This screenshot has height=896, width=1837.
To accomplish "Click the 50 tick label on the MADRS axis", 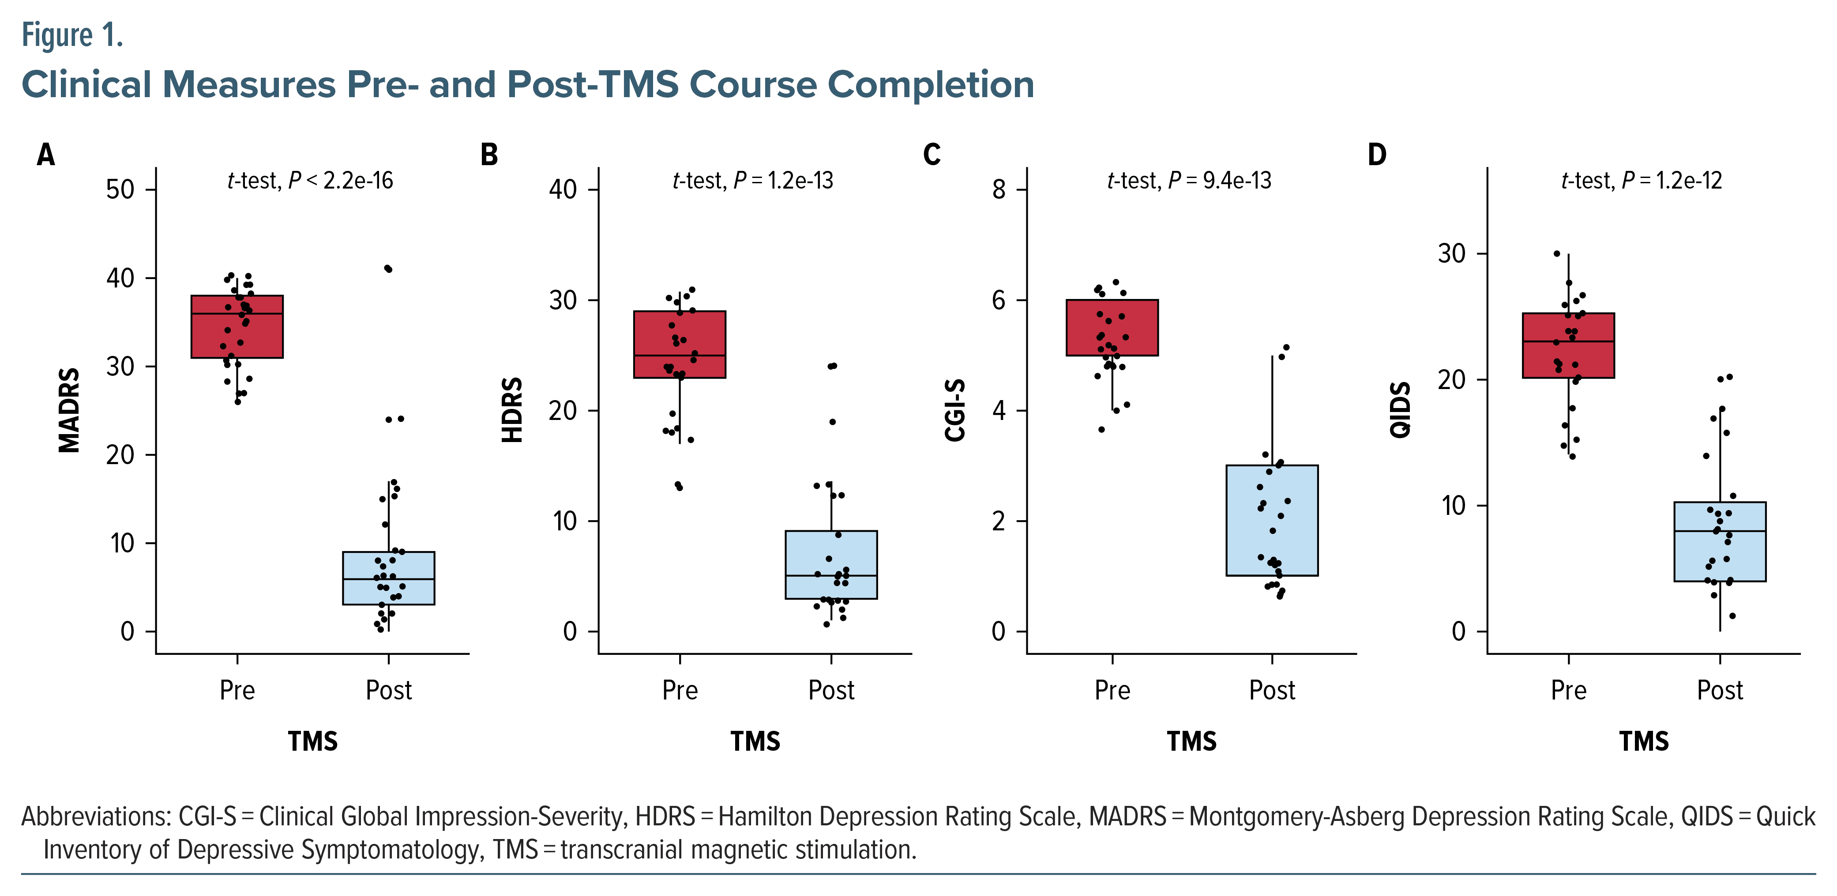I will point(120,190).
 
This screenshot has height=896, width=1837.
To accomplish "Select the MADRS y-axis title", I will point(69,410).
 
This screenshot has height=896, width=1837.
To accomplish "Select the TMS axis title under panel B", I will point(755,741).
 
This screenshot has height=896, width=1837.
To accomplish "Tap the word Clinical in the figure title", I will point(87,84).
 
